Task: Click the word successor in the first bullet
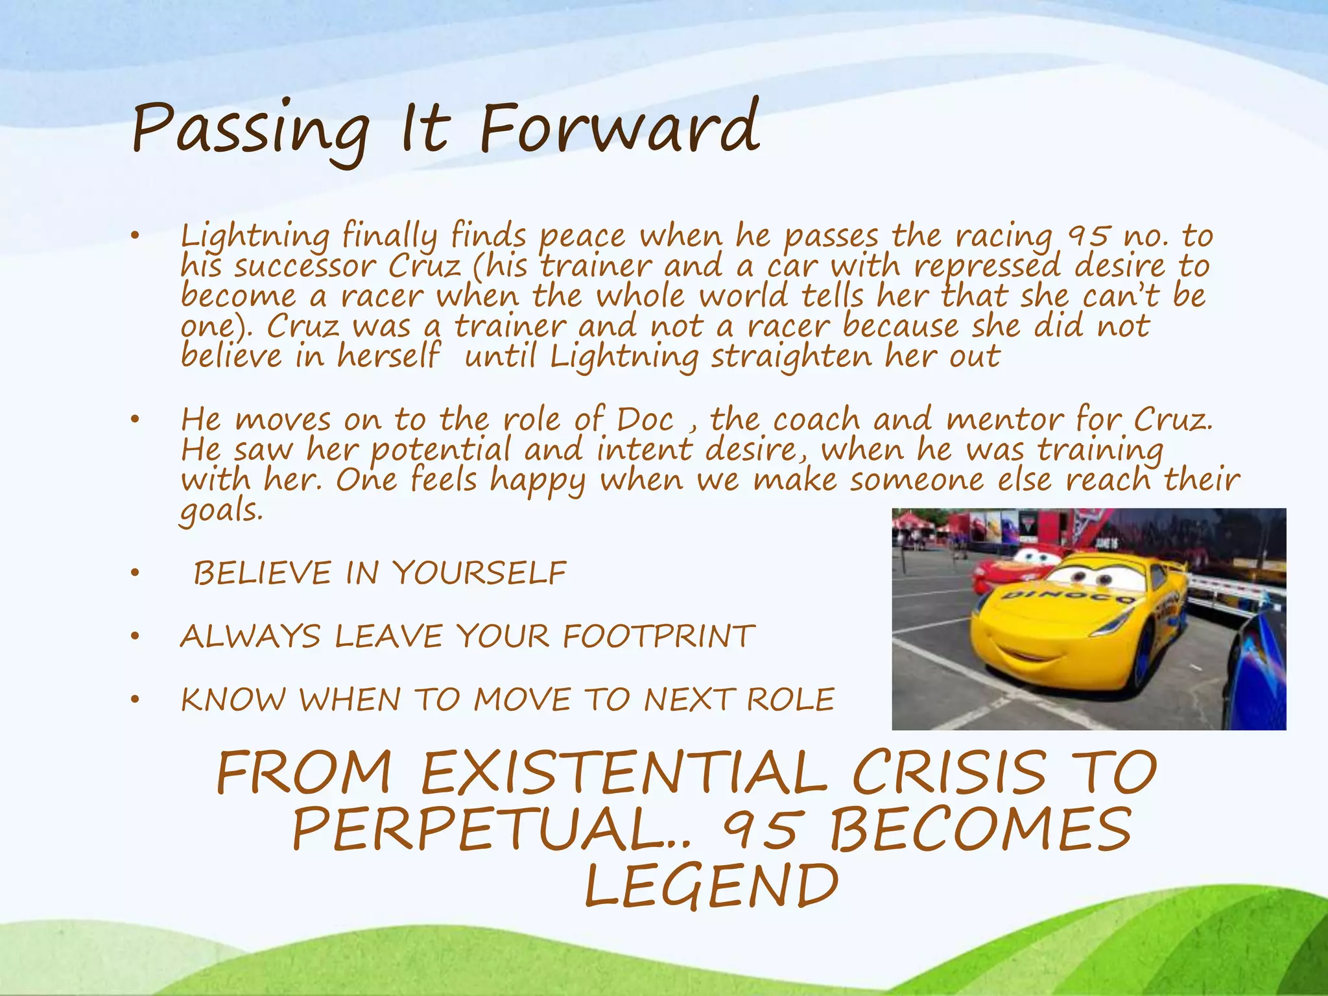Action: [x=305, y=267]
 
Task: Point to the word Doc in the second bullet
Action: [x=645, y=420]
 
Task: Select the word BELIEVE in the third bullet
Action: [x=263, y=573]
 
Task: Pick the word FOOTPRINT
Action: [x=659, y=636]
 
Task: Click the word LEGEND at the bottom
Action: [x=711, y=886]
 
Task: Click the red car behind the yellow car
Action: [x=1012, y=568]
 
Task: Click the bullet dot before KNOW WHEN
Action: [x=135, y=700]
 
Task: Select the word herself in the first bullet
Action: [x=388, y=357]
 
